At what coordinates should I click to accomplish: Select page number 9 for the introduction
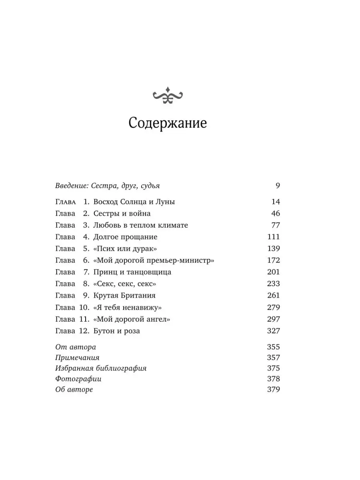278,186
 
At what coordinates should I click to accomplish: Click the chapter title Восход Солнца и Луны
134,202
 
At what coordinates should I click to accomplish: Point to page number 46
275,214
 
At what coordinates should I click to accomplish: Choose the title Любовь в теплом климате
140,225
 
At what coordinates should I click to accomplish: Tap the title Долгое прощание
125,237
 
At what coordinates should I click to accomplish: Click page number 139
274,248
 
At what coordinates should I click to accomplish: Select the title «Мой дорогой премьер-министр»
154,260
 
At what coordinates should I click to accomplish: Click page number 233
274,284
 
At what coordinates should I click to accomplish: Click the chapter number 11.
84,319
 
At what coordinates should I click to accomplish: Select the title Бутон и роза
116,331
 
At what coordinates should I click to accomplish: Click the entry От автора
75,347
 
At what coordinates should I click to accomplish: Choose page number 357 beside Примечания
274,358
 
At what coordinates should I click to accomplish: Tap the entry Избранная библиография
101,368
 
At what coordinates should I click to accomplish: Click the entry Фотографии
78,379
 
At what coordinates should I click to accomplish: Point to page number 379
274,390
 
